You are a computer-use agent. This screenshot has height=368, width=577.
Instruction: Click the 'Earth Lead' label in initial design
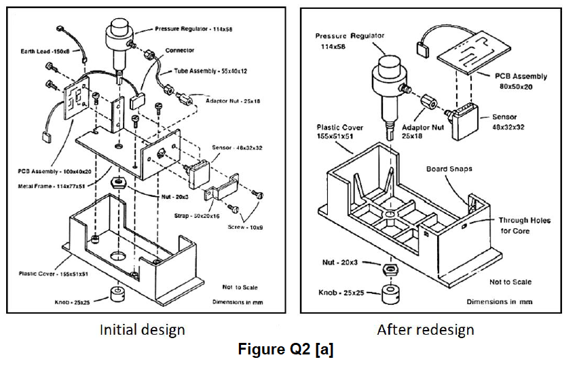pyautogui.click(x=41, y=52)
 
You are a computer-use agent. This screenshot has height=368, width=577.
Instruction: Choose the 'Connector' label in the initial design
pyautogui.click(x=179, y=50)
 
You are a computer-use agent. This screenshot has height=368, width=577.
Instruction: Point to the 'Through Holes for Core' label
pyautogui.click(x=524, y=225)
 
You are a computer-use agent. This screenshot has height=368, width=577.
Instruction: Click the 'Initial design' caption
pyautogui.click(x=142, y=330)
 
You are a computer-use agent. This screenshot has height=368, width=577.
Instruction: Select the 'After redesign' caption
pyautogui.click(x=425, y=330)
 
